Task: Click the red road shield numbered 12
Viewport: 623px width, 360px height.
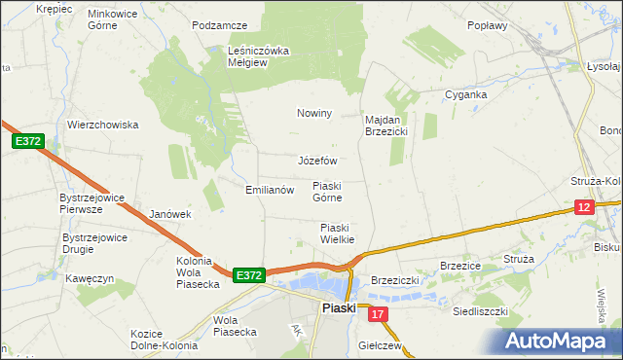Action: [583, 206]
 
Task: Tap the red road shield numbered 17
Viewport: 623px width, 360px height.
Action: [379, 313]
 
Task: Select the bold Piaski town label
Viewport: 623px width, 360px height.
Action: [339, 309]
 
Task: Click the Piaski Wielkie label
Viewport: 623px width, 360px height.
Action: [337, 234]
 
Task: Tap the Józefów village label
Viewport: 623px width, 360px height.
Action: [317, 161]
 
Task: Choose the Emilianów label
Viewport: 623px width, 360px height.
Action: [270, 191]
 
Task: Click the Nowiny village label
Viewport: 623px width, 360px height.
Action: [314, 113]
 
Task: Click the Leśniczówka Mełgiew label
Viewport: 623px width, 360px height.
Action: [260, 57]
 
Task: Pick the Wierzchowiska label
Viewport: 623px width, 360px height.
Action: [103, 125]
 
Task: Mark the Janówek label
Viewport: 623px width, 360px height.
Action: [170, 214]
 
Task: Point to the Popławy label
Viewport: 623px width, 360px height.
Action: [488, 26]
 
